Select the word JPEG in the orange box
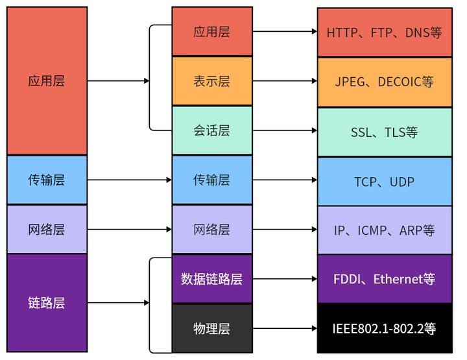point(350,82)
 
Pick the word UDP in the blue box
point(402,182)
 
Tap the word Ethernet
point(398,280)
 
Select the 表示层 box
point(211,82)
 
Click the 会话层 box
point(211,131)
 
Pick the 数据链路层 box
point(211,280)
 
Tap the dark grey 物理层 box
point(211,329)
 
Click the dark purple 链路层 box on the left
point(47,303)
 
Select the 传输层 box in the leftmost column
point(47,180)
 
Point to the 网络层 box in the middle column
point(211,230)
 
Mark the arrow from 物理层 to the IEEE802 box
point(285,329)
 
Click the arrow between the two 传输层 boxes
point(129,180)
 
